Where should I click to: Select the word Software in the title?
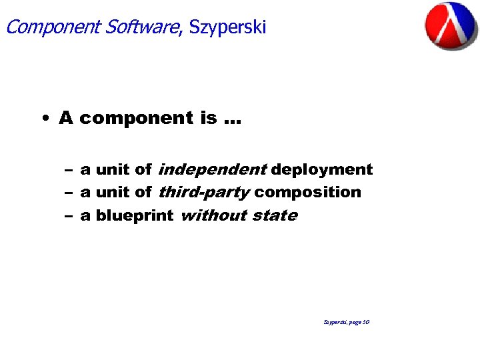pos(143,27)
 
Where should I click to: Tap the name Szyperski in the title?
pos(227,27)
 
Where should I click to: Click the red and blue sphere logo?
pos(451,25)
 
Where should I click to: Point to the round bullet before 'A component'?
pos(43,119)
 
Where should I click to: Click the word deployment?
pos(322,170)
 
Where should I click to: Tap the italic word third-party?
pos(204,193)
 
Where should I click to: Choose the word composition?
pos(307,193)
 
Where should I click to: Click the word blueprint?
pos(134,216)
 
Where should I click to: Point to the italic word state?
pos(275,215)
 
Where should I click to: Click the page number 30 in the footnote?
pos(366,322)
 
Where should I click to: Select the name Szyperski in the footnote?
pos(335,322)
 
